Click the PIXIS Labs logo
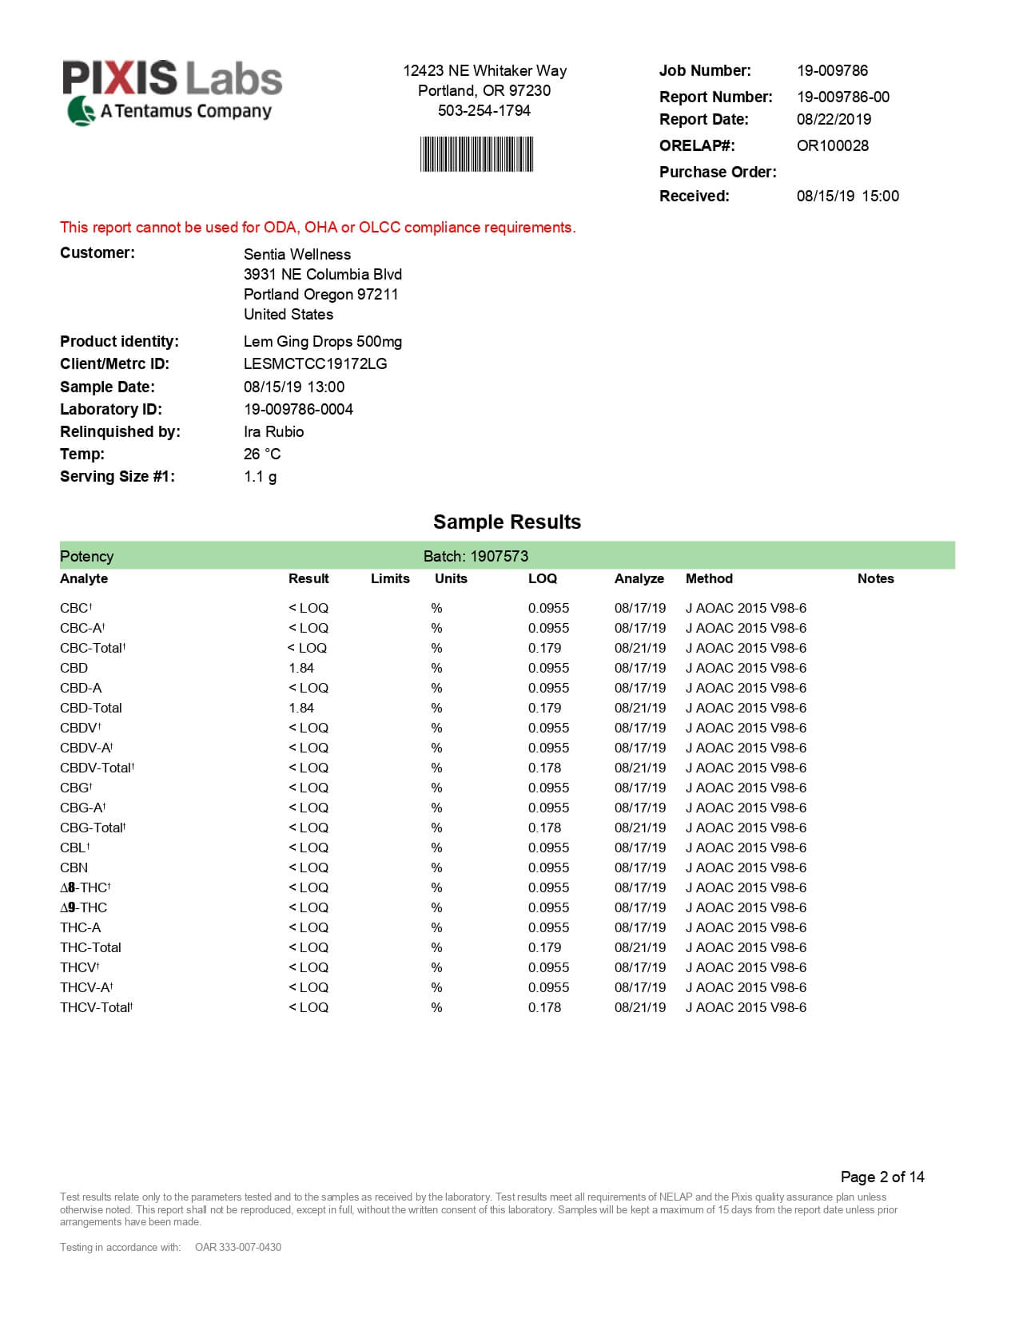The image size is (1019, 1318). click(x=172, y=91)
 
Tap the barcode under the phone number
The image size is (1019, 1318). click(x=476, y=154)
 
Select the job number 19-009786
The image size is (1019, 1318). click(x=832, y=71)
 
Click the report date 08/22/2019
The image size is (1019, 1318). click(x=834, y=120)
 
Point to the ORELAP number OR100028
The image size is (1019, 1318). click(x=832, y=146)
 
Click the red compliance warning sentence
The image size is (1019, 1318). click(x=317, y=228)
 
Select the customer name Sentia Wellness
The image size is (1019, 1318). click(x=297, y=255)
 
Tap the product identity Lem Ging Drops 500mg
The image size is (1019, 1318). click(x=322, y=342)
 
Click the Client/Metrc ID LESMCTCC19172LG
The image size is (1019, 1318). click(x=315, y=364)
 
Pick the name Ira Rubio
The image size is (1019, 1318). click(x=273, y=432)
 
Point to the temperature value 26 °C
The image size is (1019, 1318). click(x=261, y=455)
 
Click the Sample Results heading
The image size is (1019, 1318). click(x=507, y=522)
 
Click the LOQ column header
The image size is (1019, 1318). click(x=542, y=579)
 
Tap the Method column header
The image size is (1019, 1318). click(x=709, y=579)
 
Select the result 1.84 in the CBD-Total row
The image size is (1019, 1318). click(x=301, y=709)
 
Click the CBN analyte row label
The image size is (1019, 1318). click(x=74, y=868)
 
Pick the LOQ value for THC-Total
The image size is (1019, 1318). click(x=544, y=948)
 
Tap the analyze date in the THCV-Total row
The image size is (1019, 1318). click(x=639, y=1008)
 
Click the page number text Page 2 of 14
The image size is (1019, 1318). click(x=882, y=1177)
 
